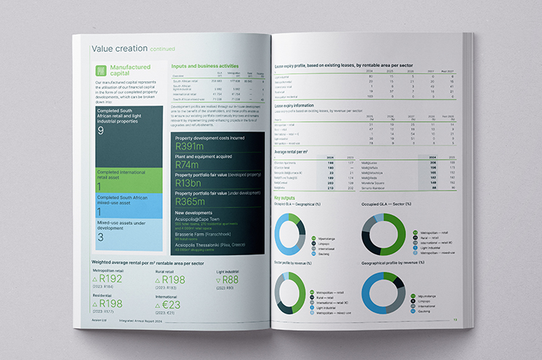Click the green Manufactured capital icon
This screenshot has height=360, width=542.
pos(104,72)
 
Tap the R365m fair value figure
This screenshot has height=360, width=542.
pos(193,201)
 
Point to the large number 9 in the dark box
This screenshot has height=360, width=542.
pos(101,131)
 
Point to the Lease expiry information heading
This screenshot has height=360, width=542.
pos(299,105)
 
